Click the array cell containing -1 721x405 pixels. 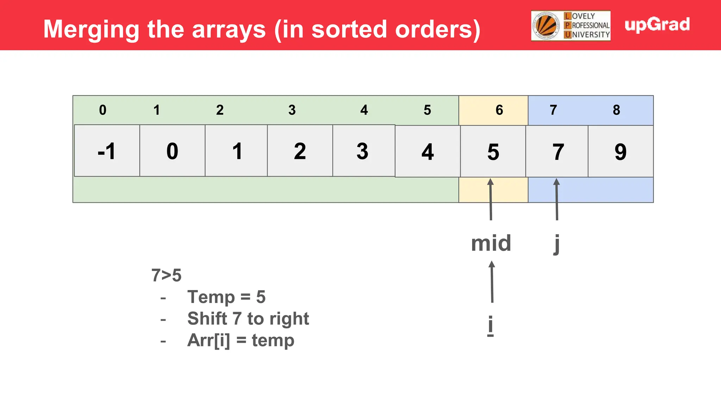(107, 151)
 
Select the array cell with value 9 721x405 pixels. (620, 152)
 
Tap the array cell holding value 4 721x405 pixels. (427, 152)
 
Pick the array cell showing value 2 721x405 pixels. (300, 151)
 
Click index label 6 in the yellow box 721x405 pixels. (499, 110)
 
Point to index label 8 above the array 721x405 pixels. (616, 110)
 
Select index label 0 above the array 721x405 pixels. (102, 110)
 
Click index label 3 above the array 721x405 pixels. (292, 110)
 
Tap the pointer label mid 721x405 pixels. (491, 243)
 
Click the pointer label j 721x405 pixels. (557, 243)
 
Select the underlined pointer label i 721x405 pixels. (490, 325)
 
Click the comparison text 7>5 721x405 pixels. (166, 275)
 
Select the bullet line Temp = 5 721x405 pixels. (226, 297)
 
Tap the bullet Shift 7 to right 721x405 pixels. (248, 319)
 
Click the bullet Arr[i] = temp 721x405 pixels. (240, 340)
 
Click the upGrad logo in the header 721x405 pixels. (657, 25)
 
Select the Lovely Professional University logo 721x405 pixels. (570, 26)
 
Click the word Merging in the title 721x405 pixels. (91, 29)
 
